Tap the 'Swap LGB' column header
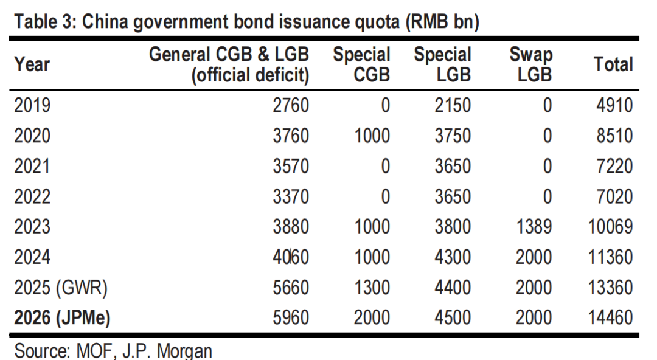[x=531, y=64]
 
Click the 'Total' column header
[x=613, y=64]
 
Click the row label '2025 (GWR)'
[x=61, y=287]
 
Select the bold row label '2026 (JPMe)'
[x=62, y=317]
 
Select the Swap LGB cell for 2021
[x=546, y=166]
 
